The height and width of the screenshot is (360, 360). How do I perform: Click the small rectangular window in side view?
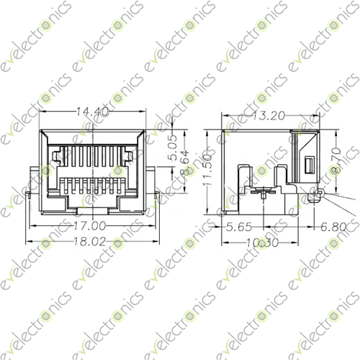[309, 166]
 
